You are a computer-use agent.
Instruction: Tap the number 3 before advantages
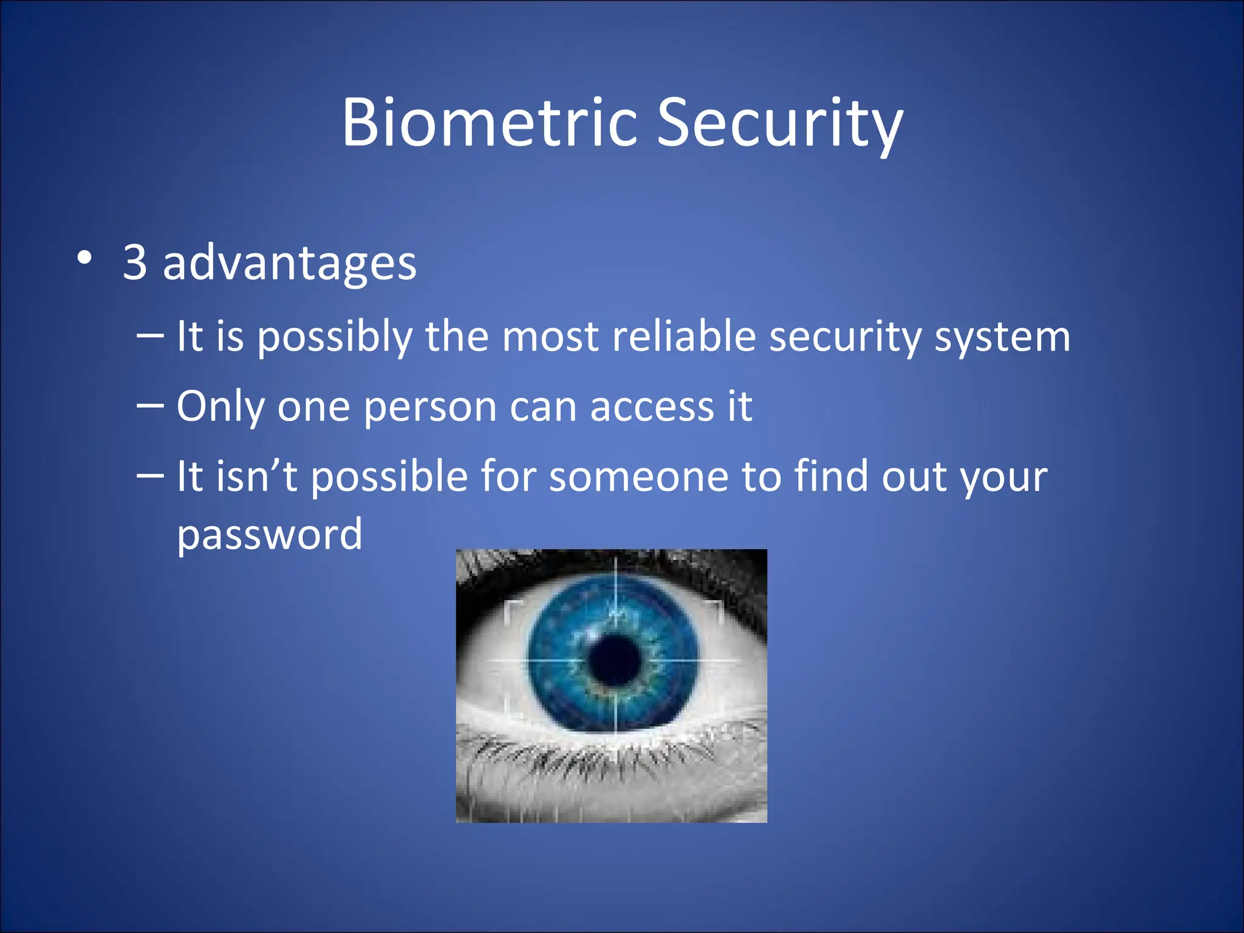(x=135, y=262)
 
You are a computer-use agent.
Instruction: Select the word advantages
(x=289, y=264)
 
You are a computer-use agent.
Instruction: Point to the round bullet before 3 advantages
(x=84, y=258)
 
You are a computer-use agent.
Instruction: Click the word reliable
(x=683, y=337)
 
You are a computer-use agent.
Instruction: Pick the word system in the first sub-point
(x=1002, y=338)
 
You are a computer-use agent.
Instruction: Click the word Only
(x=220, y=406)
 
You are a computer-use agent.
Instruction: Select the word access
(x=652, y=406)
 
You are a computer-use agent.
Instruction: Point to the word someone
(x=638, y=476)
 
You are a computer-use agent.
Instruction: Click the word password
(x=269, y=535)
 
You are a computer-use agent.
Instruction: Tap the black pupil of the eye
(x=615, y=660)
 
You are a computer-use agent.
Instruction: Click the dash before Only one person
(x=150, y=404)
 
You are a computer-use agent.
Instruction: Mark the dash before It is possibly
(x=150, y=334)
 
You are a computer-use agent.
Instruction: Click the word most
(x=550, y=337)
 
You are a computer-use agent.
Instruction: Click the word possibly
(x=334, y=338)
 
